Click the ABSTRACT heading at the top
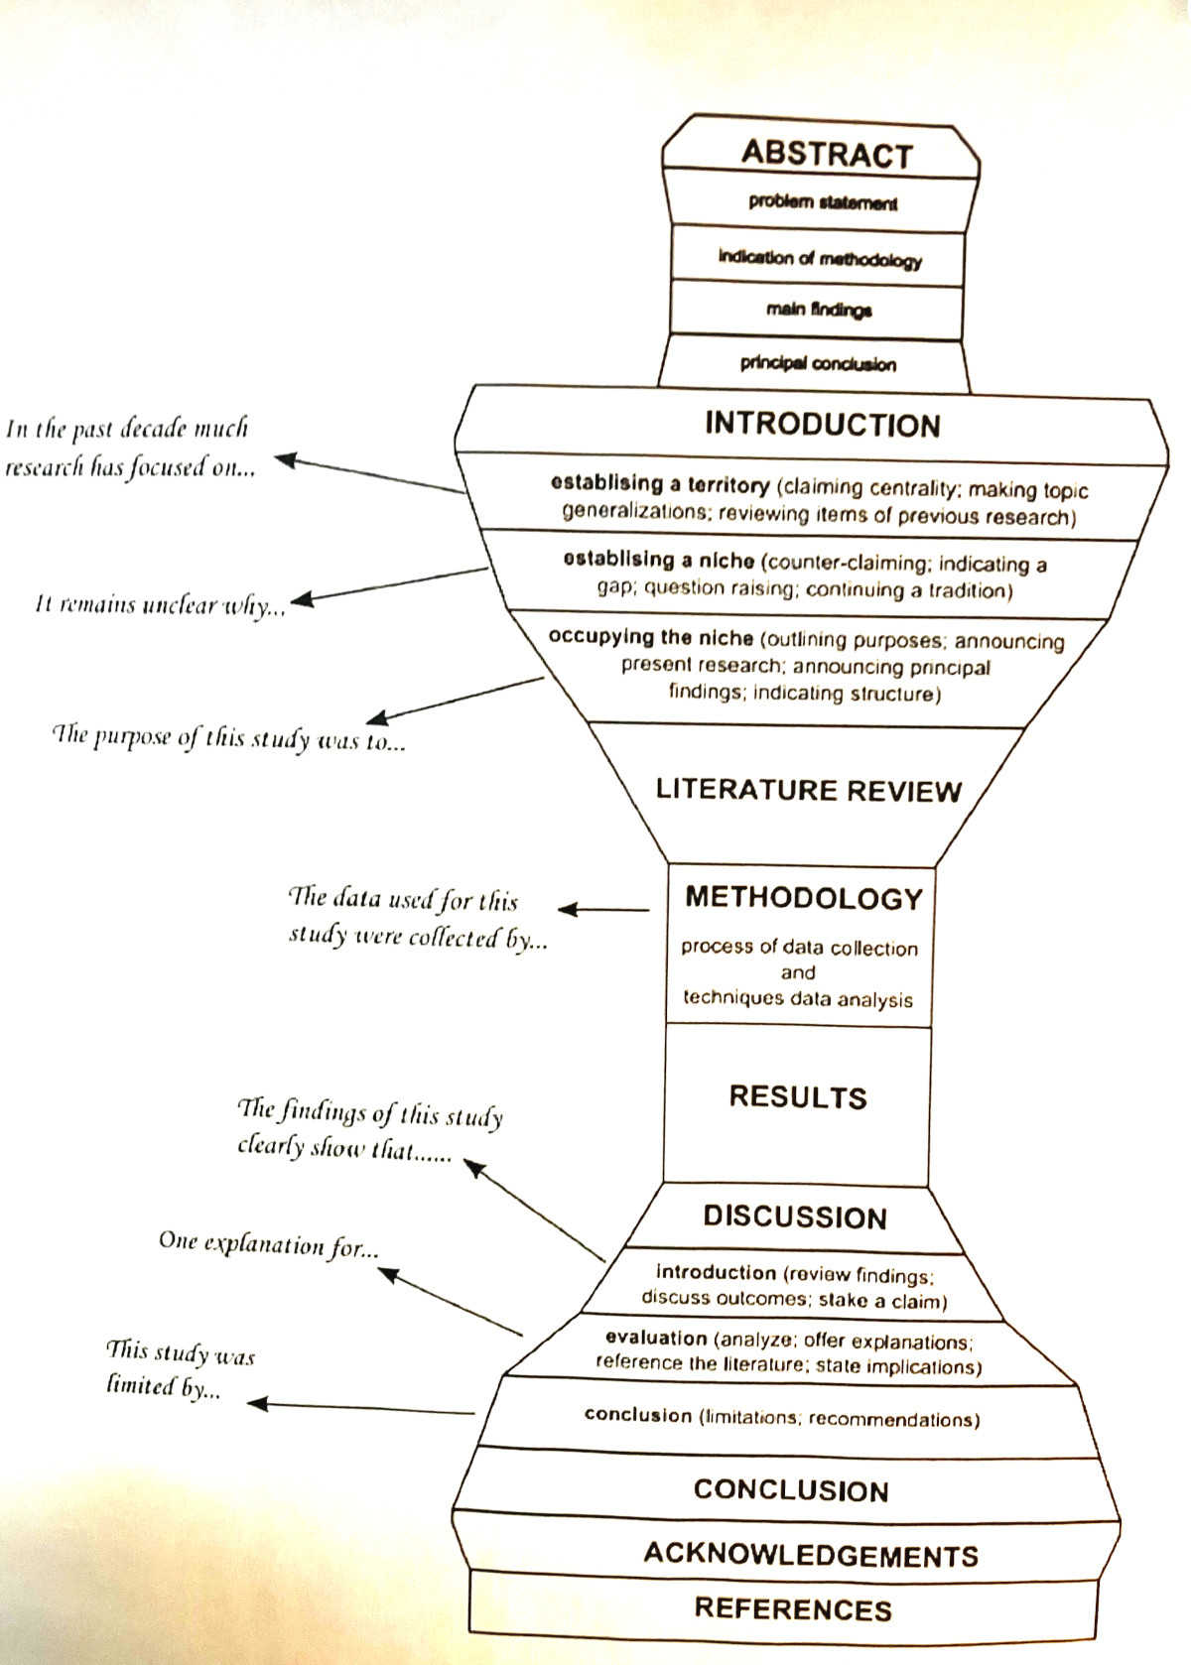[826, 155]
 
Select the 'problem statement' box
[823, 202]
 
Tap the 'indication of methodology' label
[820, 259]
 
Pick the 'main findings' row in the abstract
[819, 311]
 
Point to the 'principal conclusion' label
[818, 364]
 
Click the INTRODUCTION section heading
[822, 425]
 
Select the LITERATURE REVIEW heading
[808, 791]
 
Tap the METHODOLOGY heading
[804, 898]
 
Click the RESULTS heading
[798, 1096]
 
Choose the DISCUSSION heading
[795, 1217]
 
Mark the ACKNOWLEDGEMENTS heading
[811, 1554]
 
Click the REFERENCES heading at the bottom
[793, 1608]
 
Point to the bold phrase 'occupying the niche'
[650, 637]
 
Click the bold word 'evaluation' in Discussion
[655, 1339]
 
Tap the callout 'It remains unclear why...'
[159, 606]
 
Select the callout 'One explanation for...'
[268, 1244]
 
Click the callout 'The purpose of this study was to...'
[228, 740]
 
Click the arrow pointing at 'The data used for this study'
[602, 909]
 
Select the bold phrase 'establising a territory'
[660, 485]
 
